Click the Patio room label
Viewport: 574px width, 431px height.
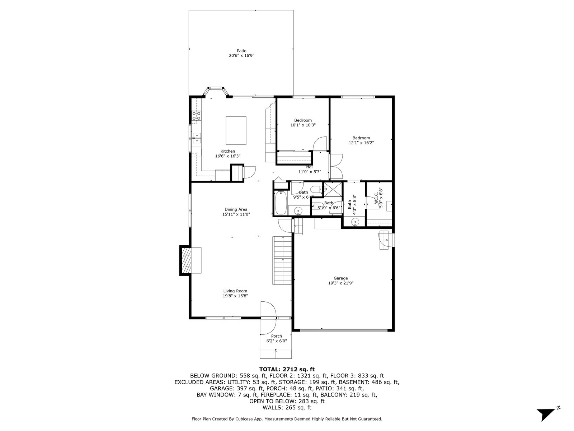click(x=242, y=51)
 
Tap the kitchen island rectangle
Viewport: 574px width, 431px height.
click(x=236, y=130)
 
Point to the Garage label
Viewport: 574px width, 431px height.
click(x=340, y=278)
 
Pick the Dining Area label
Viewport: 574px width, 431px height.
click(x=236, y=209)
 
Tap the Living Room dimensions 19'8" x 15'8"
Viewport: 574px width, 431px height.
click(x=235, y=296)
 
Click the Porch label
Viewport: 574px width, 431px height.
click(x=276, y=336)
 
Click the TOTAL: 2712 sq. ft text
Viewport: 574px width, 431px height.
click(x=287, y=369)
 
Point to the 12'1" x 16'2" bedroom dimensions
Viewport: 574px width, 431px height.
click(x=361, y=143)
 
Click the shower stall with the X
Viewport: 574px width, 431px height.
click(x=333, y=189)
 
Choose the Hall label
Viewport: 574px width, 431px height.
click(x=310, y=167)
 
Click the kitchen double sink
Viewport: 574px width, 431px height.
click(x=197, y=138)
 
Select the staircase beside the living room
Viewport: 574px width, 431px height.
click(x=282, y=260)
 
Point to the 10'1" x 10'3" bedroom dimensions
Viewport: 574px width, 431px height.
click(x=303, y=125)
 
